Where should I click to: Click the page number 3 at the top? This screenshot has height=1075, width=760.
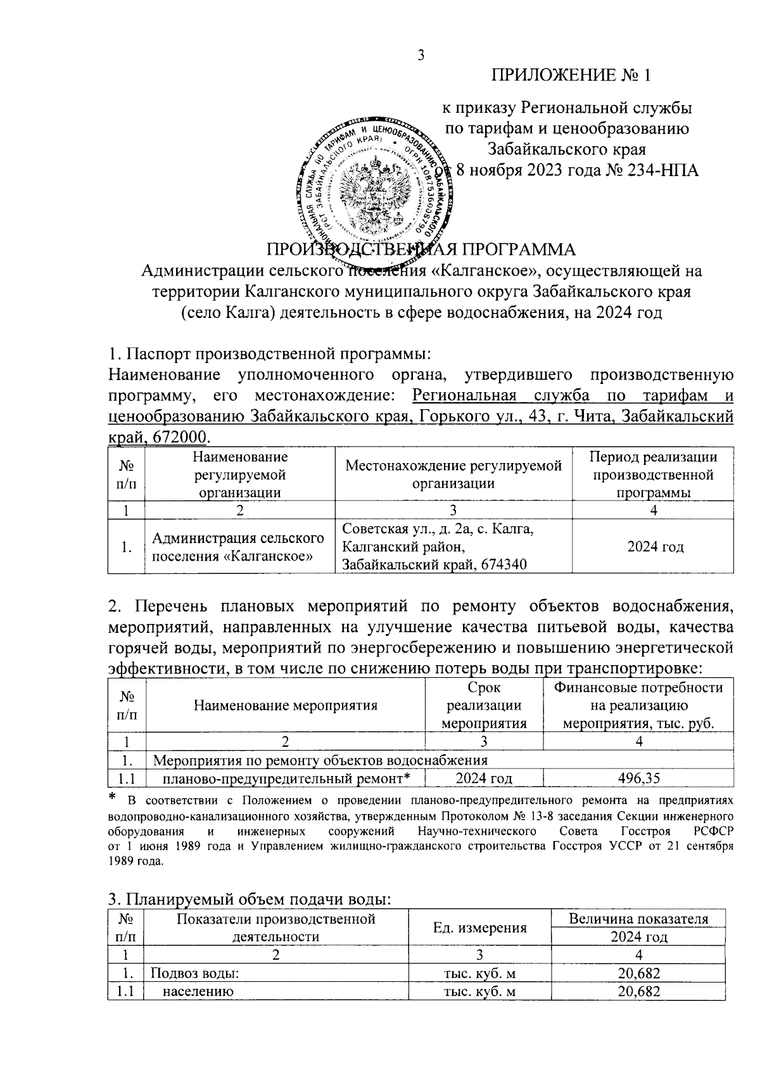(x=420, y=56)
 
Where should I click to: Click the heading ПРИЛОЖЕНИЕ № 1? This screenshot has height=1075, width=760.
(x=572, y=75)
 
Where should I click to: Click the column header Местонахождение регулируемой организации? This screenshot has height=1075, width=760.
(x=453, y=474)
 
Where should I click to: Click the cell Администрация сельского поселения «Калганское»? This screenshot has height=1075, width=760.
(x=239, y=547)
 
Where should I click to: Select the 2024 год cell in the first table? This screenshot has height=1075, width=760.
(x=655, y=547)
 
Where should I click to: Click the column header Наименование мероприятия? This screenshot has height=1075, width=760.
(x=286, y=705)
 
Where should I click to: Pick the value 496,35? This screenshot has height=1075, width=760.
(x=639, y=778)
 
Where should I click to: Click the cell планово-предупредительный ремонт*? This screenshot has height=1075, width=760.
(x=283, y=778)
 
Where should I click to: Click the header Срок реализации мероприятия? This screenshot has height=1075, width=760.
(x=484, y=705)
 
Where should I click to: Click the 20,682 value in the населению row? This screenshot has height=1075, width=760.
(x=639, y=991)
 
